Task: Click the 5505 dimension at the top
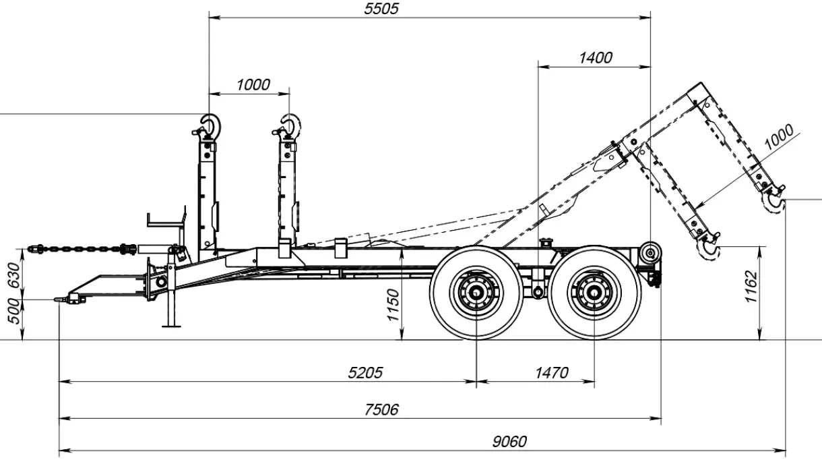click(380, 9)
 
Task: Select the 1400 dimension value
click(596, 58)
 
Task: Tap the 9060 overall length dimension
click(509, 442)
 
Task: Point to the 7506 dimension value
click(382, 409)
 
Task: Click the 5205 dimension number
click(366, 373)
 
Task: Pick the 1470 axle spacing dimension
click(551, 373)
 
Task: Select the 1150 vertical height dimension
click(394, 306)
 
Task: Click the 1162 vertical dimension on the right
click(752, 287)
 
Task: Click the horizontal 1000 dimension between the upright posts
click(253, 85)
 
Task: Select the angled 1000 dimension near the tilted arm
click(779, 138)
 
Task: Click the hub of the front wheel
click(476, 293)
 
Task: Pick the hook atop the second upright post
click(291, 125)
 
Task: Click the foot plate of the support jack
click(173, 326)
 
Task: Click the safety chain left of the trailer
click(81, 248)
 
